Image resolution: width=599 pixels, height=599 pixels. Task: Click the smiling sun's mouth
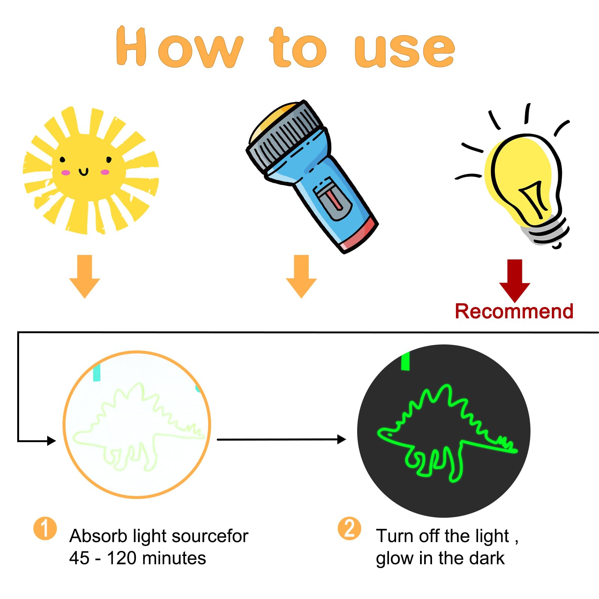[83, 172]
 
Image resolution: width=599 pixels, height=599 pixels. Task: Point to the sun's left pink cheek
[66, 173]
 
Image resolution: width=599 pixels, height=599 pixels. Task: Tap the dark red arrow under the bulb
[515, 281]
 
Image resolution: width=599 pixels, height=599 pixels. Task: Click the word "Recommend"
[514, 311]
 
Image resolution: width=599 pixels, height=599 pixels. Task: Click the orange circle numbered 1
[45, 529]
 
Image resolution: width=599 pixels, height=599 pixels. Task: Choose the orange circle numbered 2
[349, 529]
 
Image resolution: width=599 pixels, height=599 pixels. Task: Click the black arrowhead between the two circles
[341, 439]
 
